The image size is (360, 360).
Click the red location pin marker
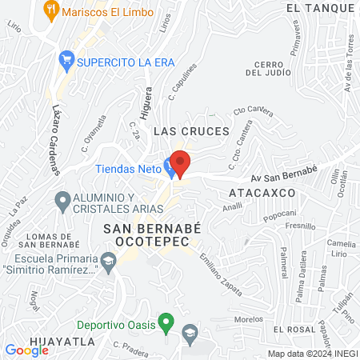tap(180, 163)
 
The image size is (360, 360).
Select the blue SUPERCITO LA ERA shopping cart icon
tap(67, 59)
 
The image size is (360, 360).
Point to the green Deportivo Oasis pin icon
tap(166, 324)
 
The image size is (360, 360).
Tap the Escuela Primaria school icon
tap(109, 259)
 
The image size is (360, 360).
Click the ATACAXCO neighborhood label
tap(262, 194)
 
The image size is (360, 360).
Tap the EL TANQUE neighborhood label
tap(319, 8)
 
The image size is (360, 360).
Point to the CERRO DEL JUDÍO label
tap(266, 68)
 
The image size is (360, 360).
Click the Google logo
tap(26, 349)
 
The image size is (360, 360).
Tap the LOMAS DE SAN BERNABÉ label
tap(52, 242)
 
